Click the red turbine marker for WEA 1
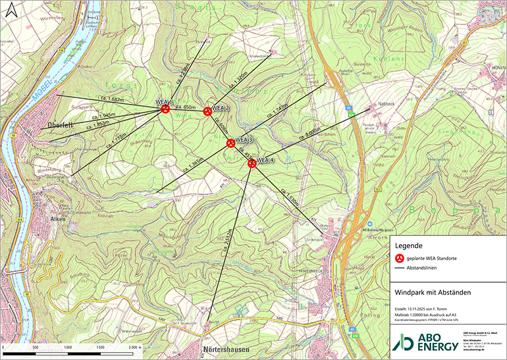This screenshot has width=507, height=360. pos(166,110)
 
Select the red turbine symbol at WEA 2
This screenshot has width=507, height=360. pos(207,111)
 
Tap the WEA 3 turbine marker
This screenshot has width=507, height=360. pos(230,143)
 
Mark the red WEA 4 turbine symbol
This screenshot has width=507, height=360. pos(252,163)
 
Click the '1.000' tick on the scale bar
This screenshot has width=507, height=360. pos(68,347)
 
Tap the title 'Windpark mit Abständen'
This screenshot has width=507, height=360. pos(431,291)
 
